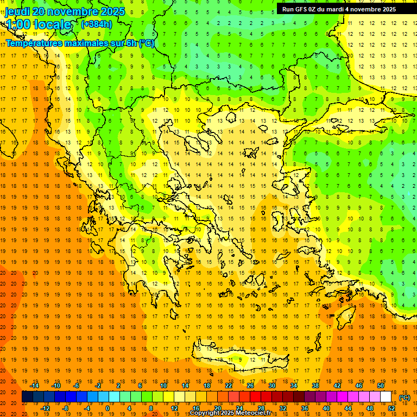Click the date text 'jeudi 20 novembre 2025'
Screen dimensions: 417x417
point(65,11)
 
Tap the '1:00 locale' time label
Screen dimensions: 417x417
point(39,24)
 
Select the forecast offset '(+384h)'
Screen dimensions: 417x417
point(97,24)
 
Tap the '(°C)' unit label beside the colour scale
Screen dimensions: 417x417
point(405,398)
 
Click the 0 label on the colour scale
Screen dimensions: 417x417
point(108,408)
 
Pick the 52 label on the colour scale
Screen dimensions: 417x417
point(391,408)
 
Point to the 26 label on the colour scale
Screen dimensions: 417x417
point(250,386)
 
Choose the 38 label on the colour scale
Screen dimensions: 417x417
point(315,386)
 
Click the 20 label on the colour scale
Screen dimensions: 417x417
point(217,408)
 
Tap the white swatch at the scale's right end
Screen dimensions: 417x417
point(386,397)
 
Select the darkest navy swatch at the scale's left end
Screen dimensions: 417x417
point(27,397)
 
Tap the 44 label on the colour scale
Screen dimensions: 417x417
point(348,408)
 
